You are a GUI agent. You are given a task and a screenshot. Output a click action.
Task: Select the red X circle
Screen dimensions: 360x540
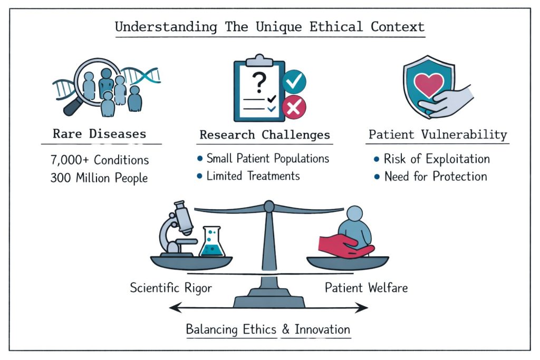coord(294,108)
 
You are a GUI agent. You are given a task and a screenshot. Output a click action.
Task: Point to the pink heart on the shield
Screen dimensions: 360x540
coord(429,84)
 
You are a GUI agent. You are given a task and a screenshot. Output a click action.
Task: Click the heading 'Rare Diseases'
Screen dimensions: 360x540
coord(99,134)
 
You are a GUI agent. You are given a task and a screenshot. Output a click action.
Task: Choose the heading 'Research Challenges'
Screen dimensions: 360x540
coord(265,135)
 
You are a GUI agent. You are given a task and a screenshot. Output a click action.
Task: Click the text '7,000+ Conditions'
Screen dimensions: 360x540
coord(100,160)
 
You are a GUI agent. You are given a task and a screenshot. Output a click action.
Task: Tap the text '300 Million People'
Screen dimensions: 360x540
coord(99,178)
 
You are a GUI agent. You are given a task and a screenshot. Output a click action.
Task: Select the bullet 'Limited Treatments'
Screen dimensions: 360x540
coord(253,176)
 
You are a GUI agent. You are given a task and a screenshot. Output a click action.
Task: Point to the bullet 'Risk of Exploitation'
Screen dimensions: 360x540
coord(437,159)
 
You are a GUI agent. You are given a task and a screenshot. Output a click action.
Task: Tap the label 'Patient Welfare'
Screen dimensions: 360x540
coord(366,288)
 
